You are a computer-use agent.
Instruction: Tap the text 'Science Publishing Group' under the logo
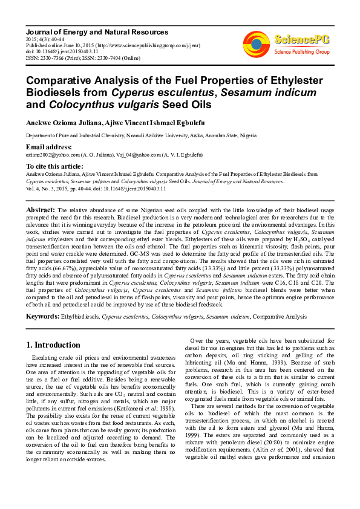click(x=301, y=52)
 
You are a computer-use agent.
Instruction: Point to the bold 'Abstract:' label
click(x=41, y=210)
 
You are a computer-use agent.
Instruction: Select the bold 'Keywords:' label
click(x=42, y=316)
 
